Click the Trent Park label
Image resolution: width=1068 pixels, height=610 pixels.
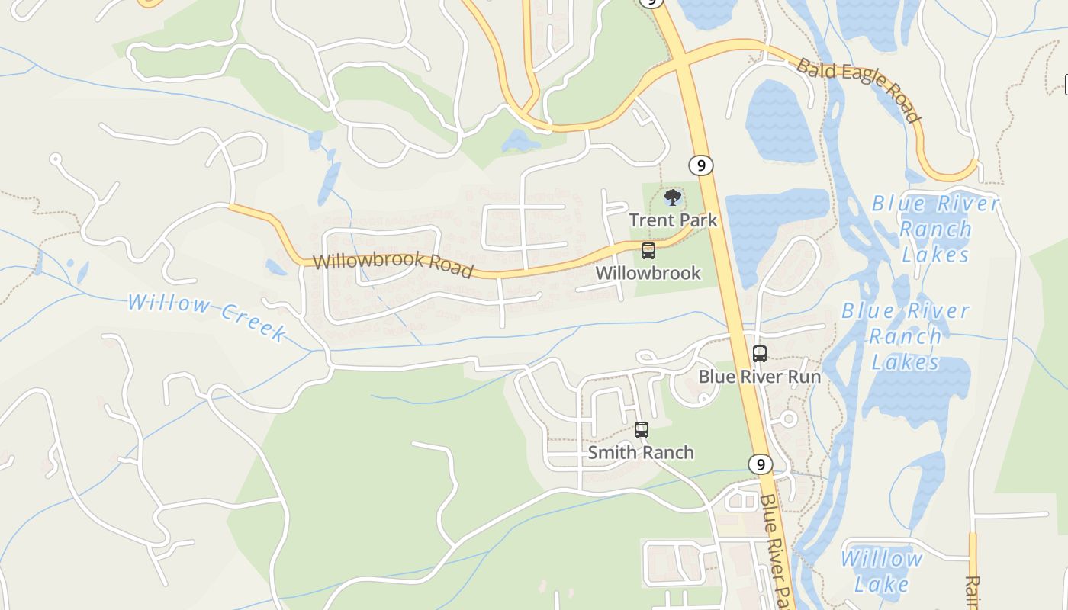coord(673,220)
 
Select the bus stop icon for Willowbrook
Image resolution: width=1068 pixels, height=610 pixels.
coord(648,250)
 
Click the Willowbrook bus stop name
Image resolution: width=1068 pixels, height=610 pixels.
coord(648,273)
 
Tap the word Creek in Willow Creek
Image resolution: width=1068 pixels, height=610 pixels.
coord(253,321)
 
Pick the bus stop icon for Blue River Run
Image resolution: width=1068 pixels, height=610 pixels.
coord(759,354)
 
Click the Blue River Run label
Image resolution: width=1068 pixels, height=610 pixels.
coord(760,377)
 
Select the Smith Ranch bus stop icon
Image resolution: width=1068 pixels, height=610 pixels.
coord(641,430)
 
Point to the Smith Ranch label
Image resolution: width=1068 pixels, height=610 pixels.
coord(641,452)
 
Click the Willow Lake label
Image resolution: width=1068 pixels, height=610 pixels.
coord(882,571)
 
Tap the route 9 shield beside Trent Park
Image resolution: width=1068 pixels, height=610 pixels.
coord(700,165)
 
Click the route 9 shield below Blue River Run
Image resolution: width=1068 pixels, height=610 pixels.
coord(759,464)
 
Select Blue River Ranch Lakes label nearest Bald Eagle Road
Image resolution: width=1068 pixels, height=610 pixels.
coord(935,229)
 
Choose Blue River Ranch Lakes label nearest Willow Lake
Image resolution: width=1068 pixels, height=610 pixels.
coord(906,336)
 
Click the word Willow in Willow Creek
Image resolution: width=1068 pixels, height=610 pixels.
coord(169,304)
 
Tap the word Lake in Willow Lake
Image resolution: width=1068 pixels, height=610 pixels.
coord(882,584)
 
